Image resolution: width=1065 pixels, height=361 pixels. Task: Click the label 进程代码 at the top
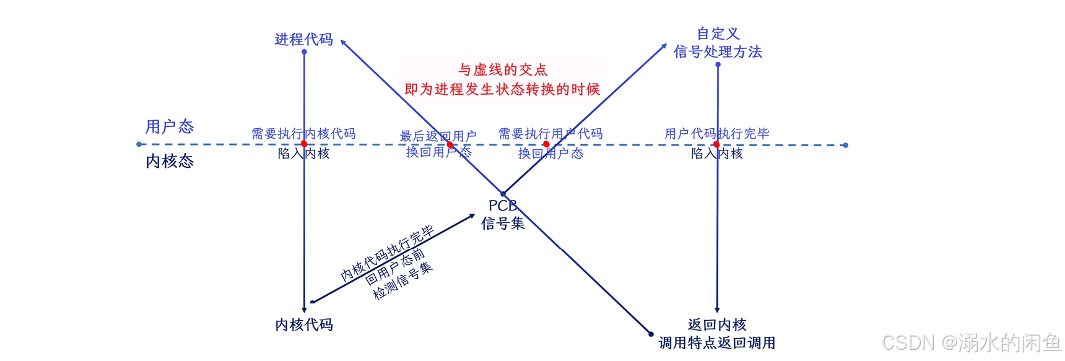point(303,40)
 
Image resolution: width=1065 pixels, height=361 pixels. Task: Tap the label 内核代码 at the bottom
point(303,324)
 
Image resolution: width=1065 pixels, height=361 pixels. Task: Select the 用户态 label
point(169,126)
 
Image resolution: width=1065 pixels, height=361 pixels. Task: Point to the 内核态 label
point(169,161)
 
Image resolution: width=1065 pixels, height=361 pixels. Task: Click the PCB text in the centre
point(502,206)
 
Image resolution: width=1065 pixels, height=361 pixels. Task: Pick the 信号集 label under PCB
point(502,223)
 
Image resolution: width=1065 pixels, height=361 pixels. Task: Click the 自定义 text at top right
point(718,33)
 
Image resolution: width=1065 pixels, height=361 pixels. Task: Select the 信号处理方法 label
point(718,52)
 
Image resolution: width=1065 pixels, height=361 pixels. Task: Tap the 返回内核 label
point(717,324)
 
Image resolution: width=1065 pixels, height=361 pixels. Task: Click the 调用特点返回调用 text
point(717,342)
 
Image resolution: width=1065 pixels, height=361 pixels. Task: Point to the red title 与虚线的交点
point(502,70)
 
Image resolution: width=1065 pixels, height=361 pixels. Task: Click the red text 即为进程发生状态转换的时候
point(502,89)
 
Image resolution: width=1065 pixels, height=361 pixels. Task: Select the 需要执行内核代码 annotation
point(303,133)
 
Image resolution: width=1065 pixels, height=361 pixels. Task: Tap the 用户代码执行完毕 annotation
point(716,133)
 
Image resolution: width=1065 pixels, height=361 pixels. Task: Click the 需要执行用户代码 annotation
point(550,133)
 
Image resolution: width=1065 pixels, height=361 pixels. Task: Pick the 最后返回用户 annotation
point(438,136)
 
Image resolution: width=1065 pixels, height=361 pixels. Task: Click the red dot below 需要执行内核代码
point(304,144)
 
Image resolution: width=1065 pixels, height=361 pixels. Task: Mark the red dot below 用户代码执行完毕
point(716,144)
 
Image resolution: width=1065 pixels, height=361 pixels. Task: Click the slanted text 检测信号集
point(403,282)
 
